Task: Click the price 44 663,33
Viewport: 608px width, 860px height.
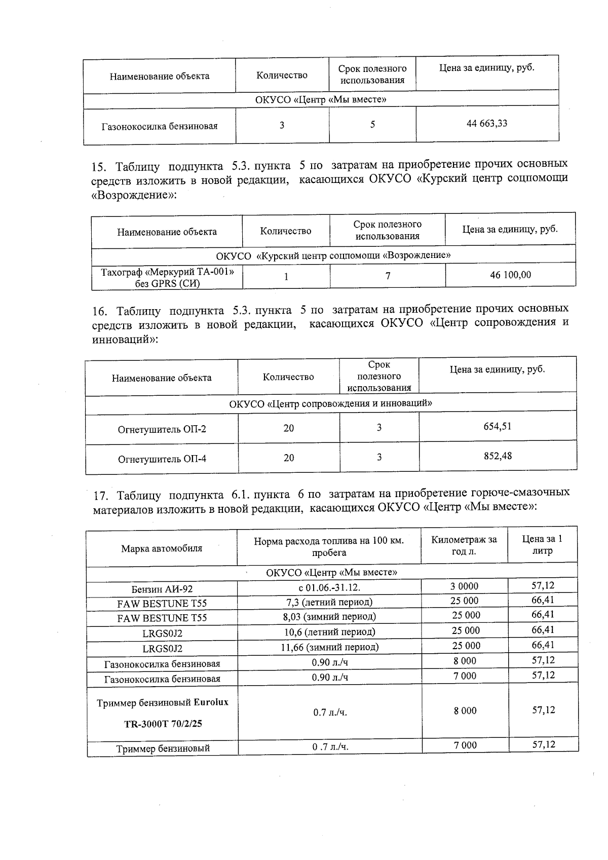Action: coord(486,123)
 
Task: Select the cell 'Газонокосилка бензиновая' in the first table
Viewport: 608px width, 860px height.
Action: coord(160,126)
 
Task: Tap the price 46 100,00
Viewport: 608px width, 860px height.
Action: coord(510,275)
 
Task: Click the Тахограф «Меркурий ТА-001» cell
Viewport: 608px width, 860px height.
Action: coord(167,278)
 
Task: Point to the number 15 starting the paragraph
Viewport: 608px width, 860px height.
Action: coord(97,166)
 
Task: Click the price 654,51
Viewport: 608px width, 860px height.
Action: coord(498,426)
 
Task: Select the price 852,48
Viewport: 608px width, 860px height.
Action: coord(498,456)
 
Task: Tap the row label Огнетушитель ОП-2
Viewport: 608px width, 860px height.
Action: coord(162,429)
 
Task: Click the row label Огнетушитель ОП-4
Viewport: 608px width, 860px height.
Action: coord(162,459)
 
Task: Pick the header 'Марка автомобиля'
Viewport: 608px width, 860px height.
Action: coord(162,548)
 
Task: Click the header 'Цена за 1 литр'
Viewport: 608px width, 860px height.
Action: coord(542,545)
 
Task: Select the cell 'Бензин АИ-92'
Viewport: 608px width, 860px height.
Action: coord(162,589)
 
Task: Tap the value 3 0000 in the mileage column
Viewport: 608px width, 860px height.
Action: coord(464,586)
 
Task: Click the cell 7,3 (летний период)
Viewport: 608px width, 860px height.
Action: coord(329,602)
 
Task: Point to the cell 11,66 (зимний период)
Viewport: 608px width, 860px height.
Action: coord(329,647)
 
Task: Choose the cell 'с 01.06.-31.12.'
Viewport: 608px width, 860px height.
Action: coord(329,588)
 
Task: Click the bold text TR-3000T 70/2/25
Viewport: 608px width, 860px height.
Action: coord(163,724)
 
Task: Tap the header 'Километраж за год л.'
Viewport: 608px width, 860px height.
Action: coord(464,545)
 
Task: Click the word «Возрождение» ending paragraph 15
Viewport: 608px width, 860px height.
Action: coord(133,195)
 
